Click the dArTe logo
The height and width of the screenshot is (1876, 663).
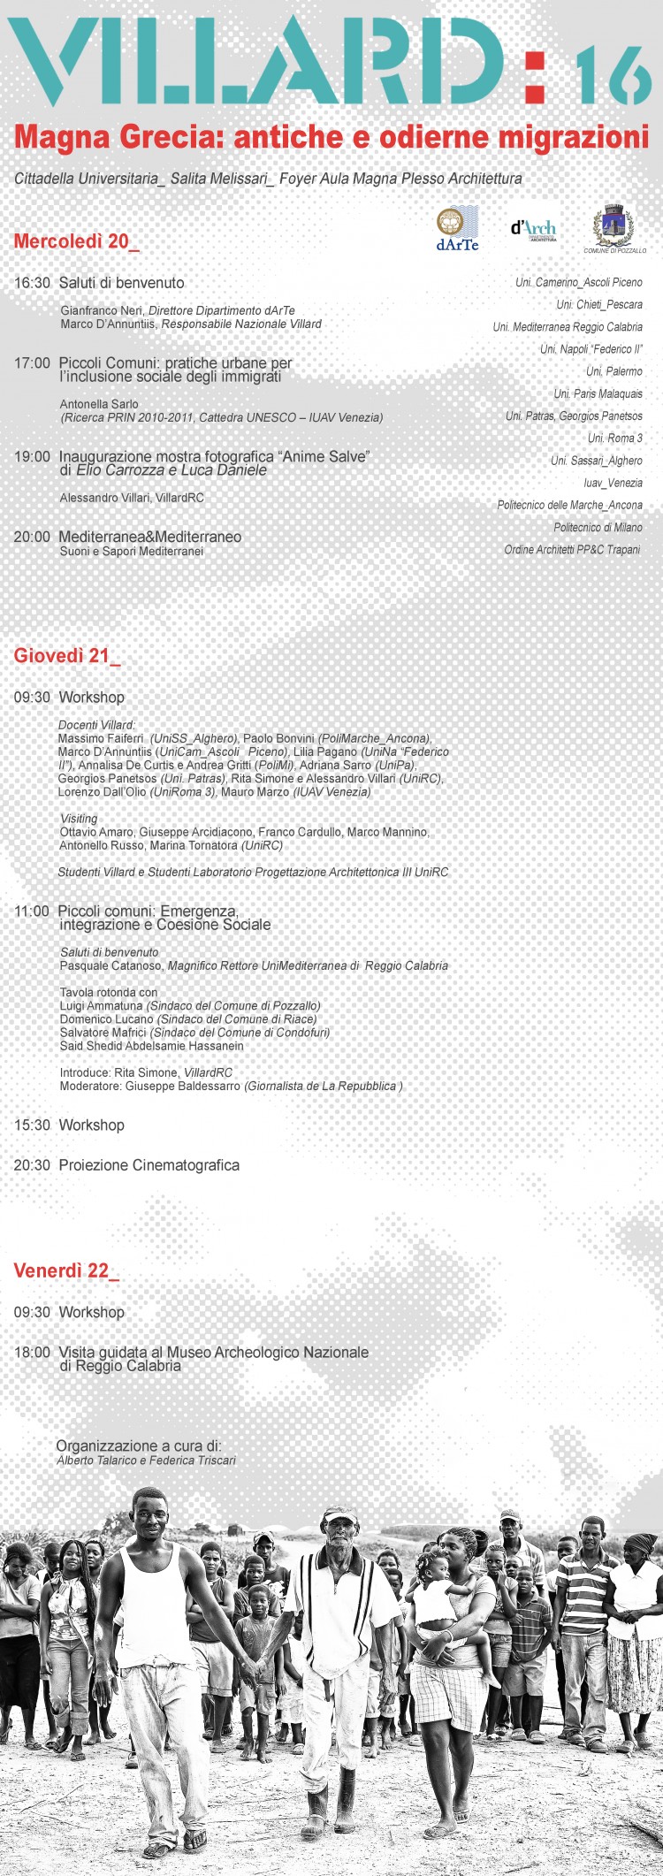click(x=457, y=229)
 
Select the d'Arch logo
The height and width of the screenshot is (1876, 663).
click(x=534, y=229)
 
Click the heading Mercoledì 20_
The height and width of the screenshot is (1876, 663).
click(x=76, y=241)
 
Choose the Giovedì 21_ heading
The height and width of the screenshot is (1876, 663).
click(x=66, y=655)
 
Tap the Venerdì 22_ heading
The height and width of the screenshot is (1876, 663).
click(x=65, y=1270)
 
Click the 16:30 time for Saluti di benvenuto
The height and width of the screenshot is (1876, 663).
click(x=32, y=283)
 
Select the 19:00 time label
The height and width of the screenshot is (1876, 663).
click(x=32, y=457)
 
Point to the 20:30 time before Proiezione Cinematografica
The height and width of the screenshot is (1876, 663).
click(x=32, y=1165)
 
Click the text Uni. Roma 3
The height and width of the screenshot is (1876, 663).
click(x=615, y=438)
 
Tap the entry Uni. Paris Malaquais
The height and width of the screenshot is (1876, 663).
click(x=598, y=394)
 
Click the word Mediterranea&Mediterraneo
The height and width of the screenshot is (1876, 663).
click(x=149, y=537)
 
